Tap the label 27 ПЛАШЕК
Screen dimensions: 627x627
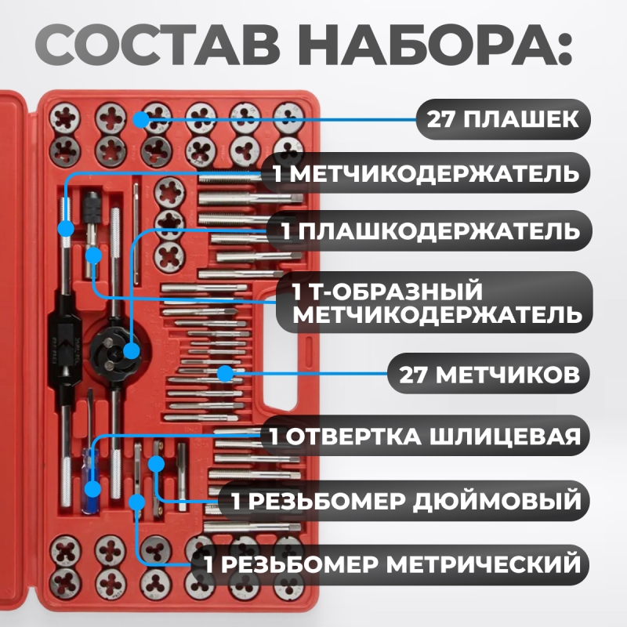click(x=503, y=119)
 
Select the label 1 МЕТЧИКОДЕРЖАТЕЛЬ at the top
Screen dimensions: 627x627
click(x=426, y=173)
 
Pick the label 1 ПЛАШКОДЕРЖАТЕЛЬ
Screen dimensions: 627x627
click(x=430, y=231)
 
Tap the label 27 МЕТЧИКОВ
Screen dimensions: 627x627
click(x=489, y=375)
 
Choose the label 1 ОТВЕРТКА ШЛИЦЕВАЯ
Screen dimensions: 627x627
click(x=425, y=436)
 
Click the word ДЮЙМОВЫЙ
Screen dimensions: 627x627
click(x=497, y=501)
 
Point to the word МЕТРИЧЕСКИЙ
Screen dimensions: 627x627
click(x=484, y=564)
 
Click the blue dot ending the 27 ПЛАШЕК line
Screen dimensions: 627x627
click(x=141, y=120)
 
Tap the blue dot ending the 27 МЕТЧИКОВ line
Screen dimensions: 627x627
click(x=226, y=375)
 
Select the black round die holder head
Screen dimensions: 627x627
click(x=115, y=349)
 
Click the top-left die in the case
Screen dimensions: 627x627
click(x=64, y=119)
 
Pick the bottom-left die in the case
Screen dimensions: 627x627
click(x=64, y=582)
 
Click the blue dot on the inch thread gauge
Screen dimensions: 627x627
click(x=156, y=464)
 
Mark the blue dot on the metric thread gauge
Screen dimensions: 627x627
click(x=137, y=502)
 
